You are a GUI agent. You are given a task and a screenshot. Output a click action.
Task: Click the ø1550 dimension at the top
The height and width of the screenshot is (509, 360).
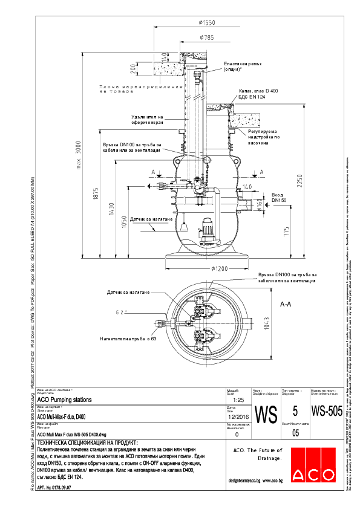coord(206,22)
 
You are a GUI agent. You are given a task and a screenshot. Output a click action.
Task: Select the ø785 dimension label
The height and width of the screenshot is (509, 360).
coord(206,37)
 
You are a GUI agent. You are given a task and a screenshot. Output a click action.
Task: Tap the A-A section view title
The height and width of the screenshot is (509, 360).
coord(286,305)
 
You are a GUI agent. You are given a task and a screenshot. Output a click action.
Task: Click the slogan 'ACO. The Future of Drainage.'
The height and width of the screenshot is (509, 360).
coord(258,455)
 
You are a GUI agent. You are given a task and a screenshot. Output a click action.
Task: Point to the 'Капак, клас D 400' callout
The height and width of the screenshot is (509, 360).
coord(250,90)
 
